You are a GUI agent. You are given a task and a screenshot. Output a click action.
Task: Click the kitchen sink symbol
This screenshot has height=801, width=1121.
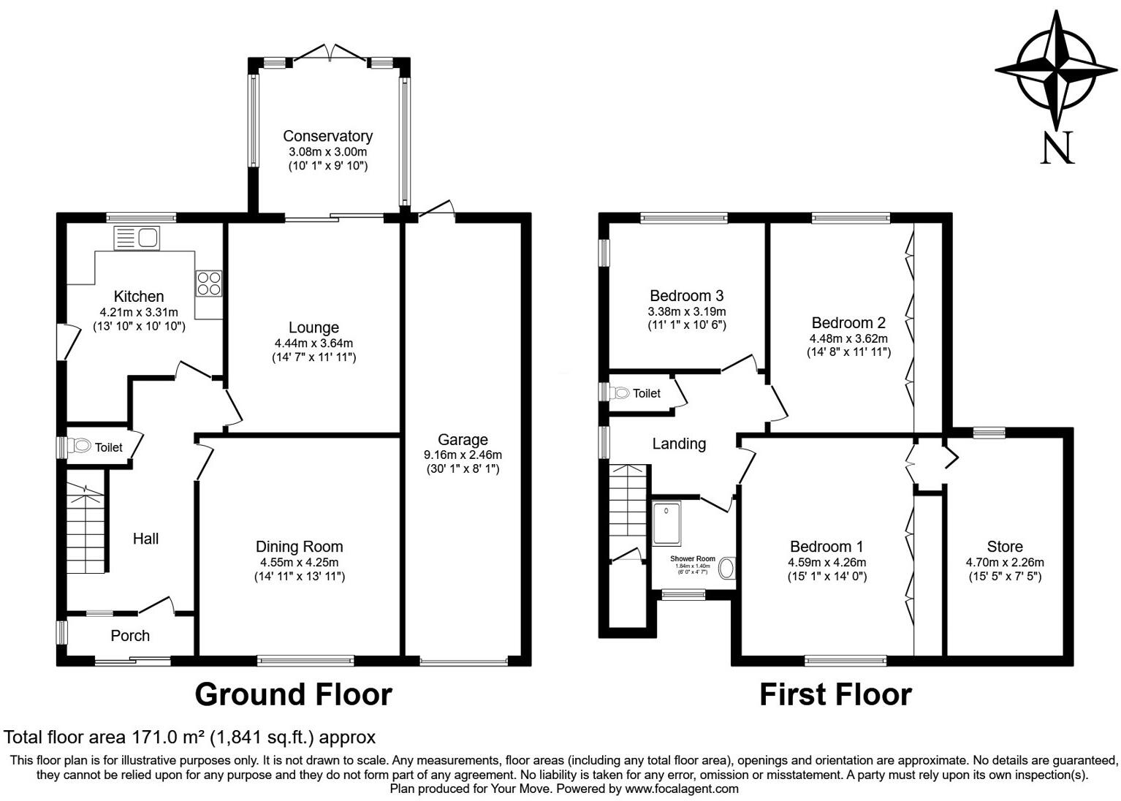pos(137,238)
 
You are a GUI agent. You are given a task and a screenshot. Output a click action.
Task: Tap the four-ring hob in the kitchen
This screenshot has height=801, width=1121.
pos(208,283)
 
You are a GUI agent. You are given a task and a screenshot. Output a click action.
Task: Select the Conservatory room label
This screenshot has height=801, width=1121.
pos(327,136)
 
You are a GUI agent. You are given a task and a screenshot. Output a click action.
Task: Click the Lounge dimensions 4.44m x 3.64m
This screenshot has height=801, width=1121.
pos(313,343)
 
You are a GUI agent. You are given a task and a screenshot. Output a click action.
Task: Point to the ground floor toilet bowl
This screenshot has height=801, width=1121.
pos(80,446)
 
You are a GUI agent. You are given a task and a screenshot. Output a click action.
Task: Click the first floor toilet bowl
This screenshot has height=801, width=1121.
pos(621,393)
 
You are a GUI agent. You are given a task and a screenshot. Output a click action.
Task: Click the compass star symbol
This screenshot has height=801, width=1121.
pos(1056,72)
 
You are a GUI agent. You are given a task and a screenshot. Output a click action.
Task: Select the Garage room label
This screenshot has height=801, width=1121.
pos(463,439)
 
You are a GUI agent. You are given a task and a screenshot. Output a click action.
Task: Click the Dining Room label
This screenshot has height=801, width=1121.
pos(299,547)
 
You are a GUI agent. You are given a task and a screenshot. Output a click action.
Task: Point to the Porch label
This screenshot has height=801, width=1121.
pos(130,636)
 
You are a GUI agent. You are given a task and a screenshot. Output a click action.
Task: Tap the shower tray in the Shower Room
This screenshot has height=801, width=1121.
pos(666,523)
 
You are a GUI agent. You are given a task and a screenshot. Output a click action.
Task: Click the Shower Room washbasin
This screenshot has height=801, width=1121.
pos(727,569)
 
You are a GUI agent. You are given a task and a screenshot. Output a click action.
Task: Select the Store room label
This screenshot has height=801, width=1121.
pos(1004,547)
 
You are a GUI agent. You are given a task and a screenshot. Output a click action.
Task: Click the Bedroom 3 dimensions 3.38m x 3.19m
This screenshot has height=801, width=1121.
pos(686,311)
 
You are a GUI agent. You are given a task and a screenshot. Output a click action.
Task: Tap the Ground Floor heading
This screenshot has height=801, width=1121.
pos(293,694)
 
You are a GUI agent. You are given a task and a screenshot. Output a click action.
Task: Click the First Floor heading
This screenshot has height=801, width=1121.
pos(835,694)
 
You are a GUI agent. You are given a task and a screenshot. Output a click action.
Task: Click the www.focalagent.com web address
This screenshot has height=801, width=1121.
pos(681,789)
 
